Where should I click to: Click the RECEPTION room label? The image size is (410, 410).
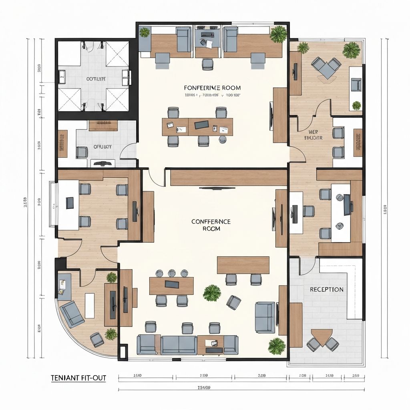pos(326,289)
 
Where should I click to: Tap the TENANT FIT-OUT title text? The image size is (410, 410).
pos(78,378)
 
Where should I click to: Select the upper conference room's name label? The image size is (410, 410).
pos(212,87)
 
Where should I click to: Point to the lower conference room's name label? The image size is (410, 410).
pos(211,225)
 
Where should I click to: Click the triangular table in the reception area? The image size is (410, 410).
pos(322,335)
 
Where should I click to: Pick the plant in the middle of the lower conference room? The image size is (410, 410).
pos(212,293)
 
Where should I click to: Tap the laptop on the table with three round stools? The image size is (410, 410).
pos(171,284)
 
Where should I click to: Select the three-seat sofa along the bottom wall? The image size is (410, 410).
pos(179,344)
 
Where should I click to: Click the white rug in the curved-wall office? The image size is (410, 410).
pos(90,300)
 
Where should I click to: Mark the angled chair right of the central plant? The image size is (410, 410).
pos(233,301)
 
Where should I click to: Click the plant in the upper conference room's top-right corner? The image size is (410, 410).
pos(278,34)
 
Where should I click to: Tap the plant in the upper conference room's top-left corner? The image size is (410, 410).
pos(145,32)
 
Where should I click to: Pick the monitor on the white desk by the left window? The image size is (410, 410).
pos(70,203)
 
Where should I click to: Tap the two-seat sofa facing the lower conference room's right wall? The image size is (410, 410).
pos(265,318)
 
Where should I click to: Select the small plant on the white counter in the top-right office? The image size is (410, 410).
pos(356,106)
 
